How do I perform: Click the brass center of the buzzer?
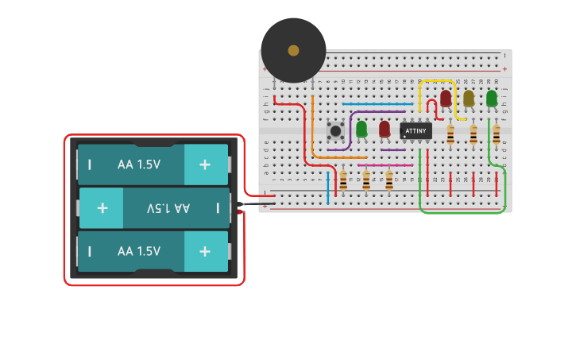coord(293,50)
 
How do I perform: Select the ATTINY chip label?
coord(416,130)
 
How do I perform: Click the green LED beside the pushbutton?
coord(361,128)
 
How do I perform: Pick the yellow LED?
coord(469,98)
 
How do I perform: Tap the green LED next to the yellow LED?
coord(492,98)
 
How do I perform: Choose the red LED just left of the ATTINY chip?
coord(385,128)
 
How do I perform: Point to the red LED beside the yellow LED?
coord(446,98)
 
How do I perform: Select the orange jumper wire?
coord(312,127)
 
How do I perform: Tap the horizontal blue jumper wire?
coord(377,104)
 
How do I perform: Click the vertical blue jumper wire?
coord(327,187)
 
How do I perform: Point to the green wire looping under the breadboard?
coord(461,212)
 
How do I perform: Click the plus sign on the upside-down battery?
coord(102,208)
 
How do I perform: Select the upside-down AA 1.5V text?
coord(168,208)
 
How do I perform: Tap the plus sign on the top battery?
coord(205,165)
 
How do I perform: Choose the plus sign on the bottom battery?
coord(205,251)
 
